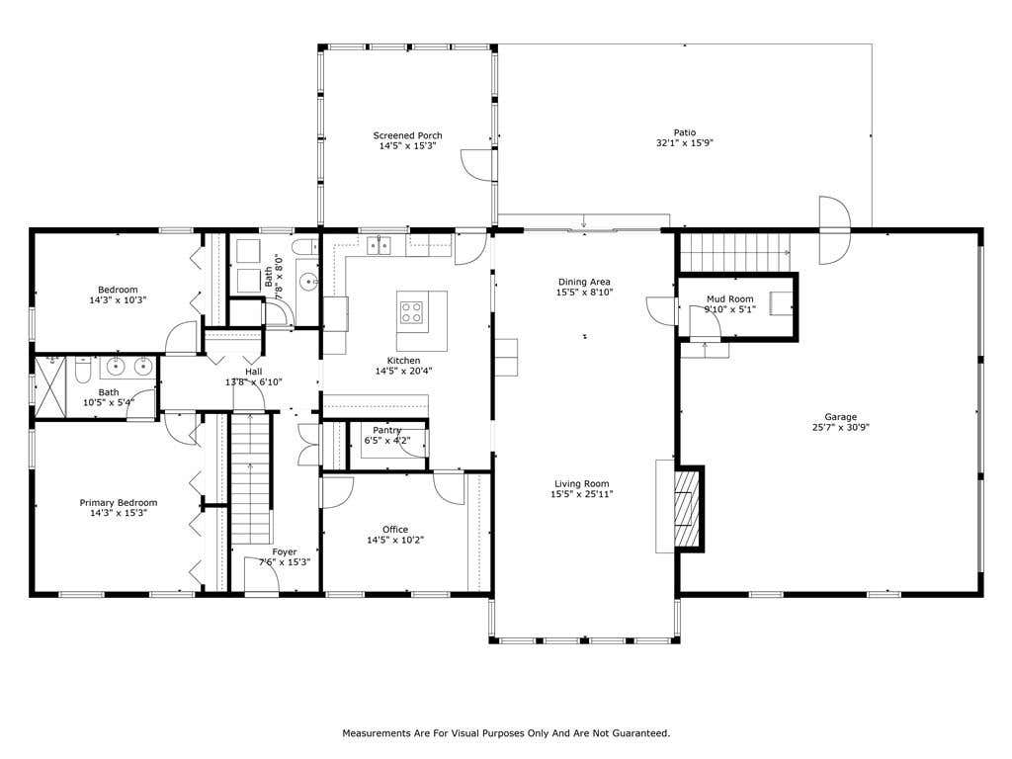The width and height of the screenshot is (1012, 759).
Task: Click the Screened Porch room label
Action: (x=407, y=135)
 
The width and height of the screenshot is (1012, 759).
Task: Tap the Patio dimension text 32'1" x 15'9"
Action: (x=684, y=142)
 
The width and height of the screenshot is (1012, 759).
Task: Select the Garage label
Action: (x=840, y=417)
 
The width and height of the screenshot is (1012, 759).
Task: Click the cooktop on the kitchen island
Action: (x=412, y=312)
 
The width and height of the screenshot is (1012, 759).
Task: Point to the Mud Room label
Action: (x=730, y=298)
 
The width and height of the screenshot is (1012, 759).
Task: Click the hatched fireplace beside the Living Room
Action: (x=687, y=508)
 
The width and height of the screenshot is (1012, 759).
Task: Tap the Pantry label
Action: (x=387, y=431)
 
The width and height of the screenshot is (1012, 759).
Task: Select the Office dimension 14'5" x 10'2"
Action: (x=395, y=541)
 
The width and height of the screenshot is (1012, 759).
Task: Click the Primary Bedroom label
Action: (x=119, y=503)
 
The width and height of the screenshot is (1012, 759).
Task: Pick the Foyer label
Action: (x=284, y=551)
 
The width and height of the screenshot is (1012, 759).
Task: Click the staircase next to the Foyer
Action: (x=250, y=479)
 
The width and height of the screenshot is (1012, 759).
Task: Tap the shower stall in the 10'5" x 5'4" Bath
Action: (x=50, y=386)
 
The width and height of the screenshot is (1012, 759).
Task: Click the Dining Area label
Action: (x=584, y=282)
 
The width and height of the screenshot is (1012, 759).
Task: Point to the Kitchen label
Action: (x=403, y=360)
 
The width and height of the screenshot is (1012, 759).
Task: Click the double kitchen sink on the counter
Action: (x=379, y=245)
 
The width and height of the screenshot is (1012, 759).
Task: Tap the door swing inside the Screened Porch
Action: (x=476, y=165)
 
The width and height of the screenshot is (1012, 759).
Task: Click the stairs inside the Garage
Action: (x=735, y=252)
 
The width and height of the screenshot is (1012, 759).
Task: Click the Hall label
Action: (x=254, y=372)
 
